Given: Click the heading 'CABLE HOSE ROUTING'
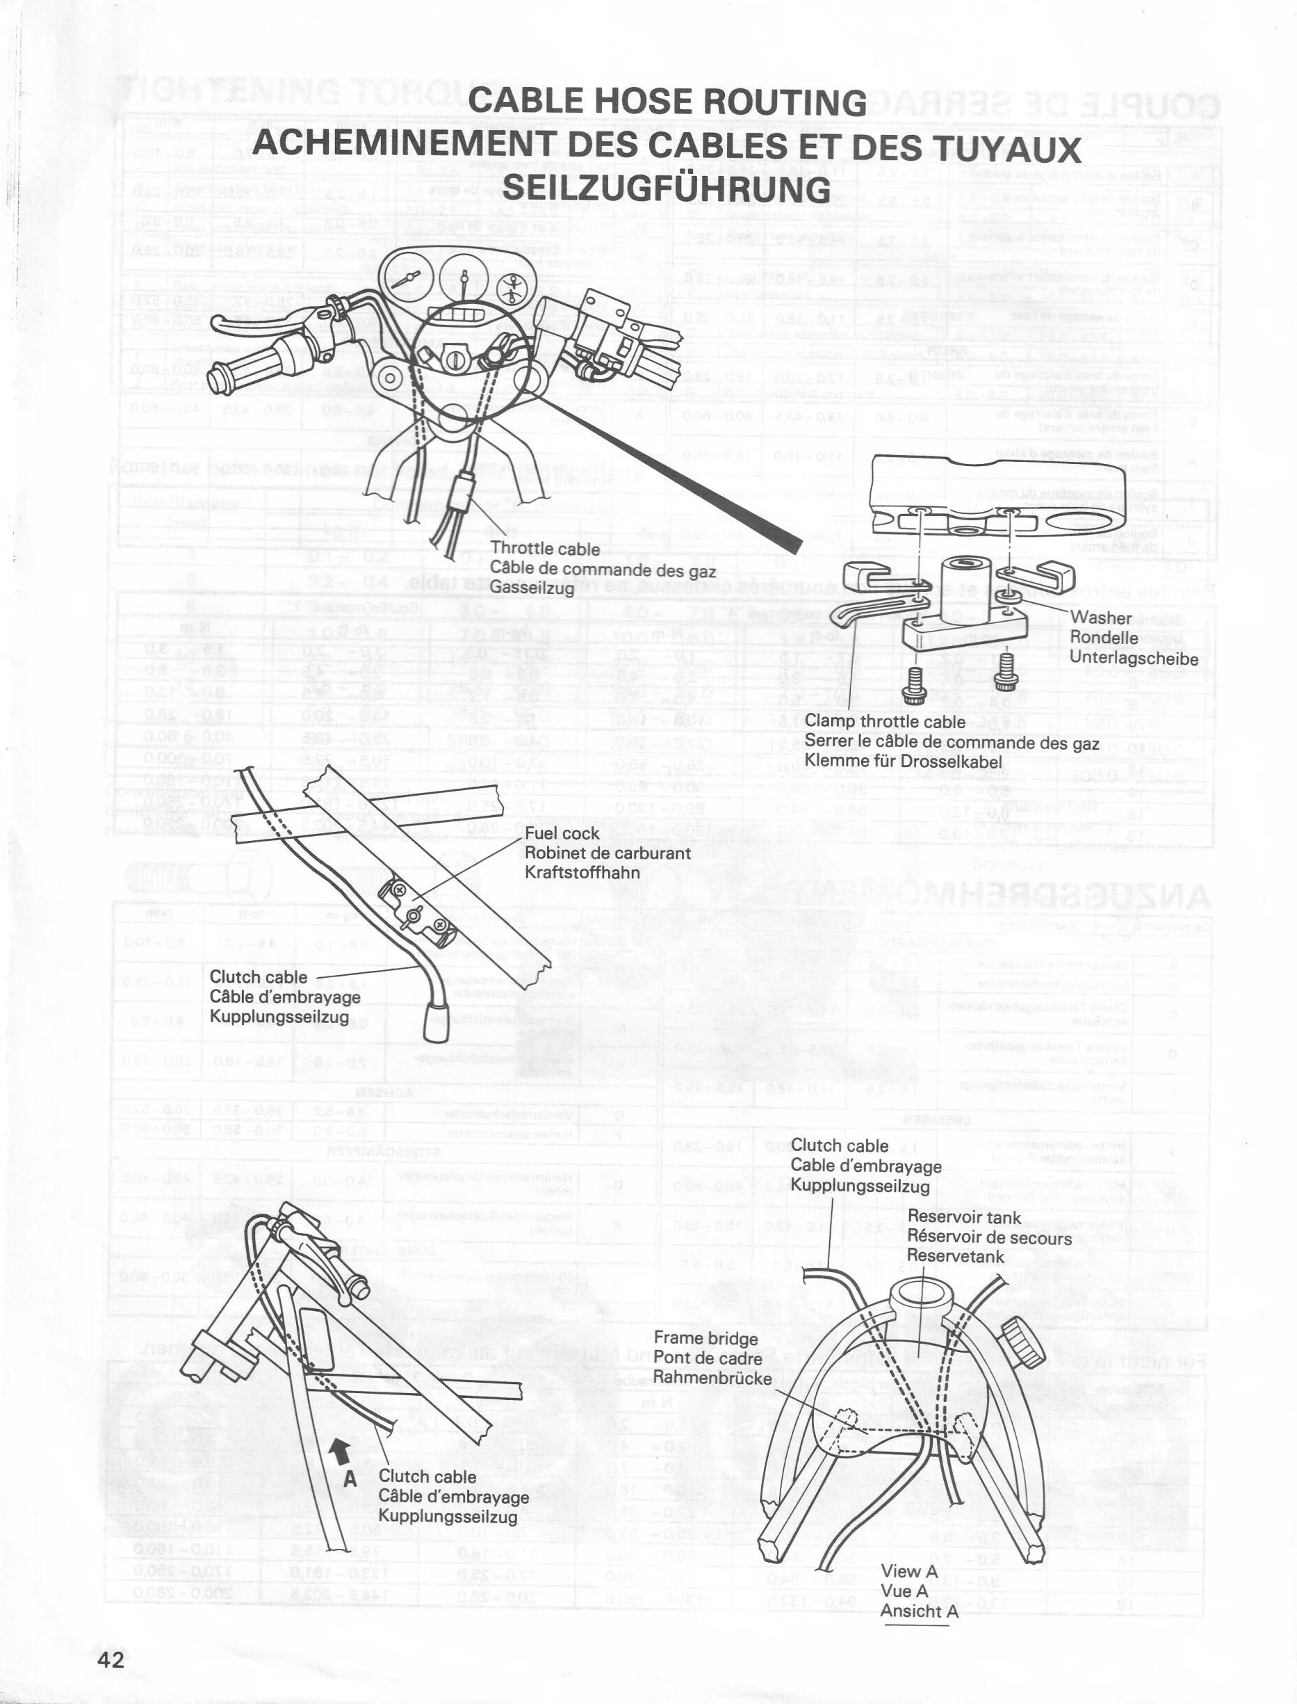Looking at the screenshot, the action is [668, 102].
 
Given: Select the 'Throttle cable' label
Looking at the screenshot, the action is [544, 549].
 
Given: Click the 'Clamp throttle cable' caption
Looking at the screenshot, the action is [885, 721].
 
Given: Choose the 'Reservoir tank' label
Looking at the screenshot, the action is [963, 1218].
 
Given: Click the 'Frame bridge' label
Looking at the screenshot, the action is [705, 1338].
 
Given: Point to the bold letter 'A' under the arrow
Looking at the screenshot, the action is [350, 1479].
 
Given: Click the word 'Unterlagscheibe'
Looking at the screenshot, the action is [1134, 659].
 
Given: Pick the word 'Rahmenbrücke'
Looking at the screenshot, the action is [712, 1378].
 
